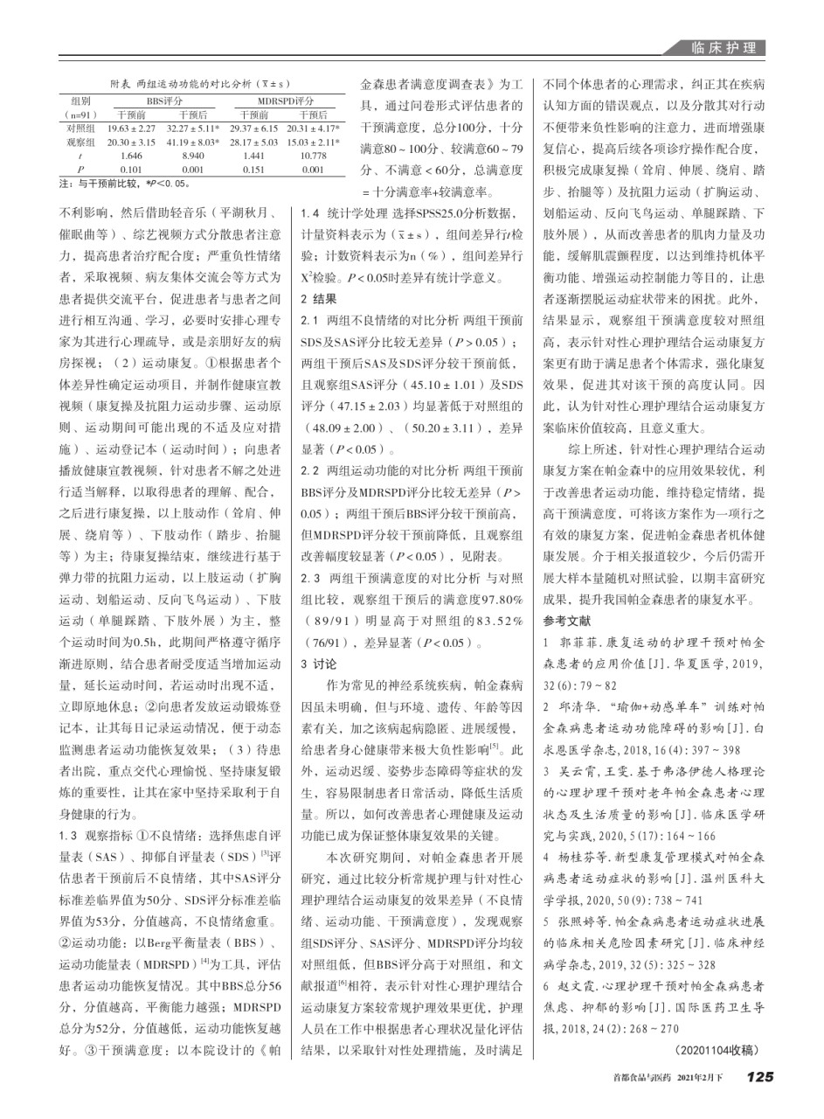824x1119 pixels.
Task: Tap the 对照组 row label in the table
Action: point(80,128)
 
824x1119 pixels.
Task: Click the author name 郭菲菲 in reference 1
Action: point(578,643)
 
